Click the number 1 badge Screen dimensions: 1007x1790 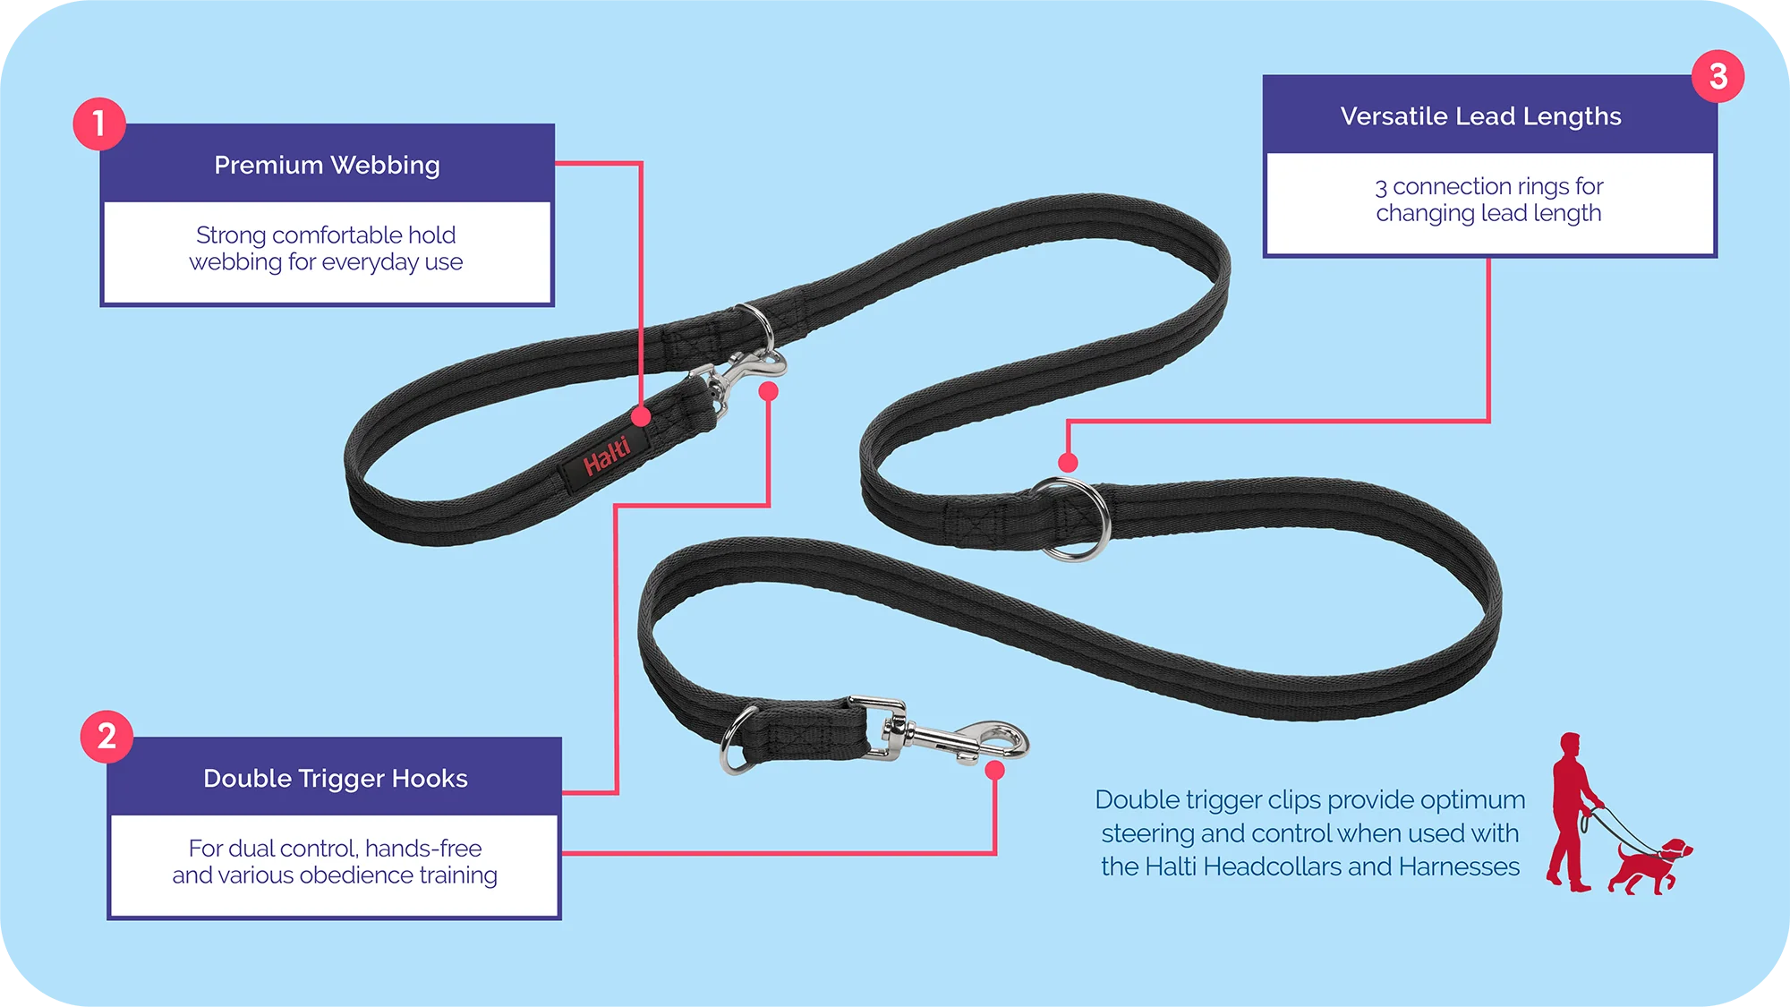click(99, 124)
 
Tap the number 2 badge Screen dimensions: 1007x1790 click(107, 737)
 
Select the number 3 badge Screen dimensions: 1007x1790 click(1718, 76)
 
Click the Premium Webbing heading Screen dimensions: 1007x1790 click(327, 165)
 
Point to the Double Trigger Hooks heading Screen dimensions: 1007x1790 click(335, 778)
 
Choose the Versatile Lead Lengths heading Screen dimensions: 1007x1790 click(1480, 116)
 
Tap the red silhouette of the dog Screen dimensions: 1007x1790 click(1647, 866)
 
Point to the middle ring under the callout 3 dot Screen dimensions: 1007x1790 click(1074, 519)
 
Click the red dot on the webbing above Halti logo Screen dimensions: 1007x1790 click(641, 416)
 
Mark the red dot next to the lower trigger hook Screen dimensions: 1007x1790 click(994, 771)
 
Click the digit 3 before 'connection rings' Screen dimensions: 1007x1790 click(1381, 188)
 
